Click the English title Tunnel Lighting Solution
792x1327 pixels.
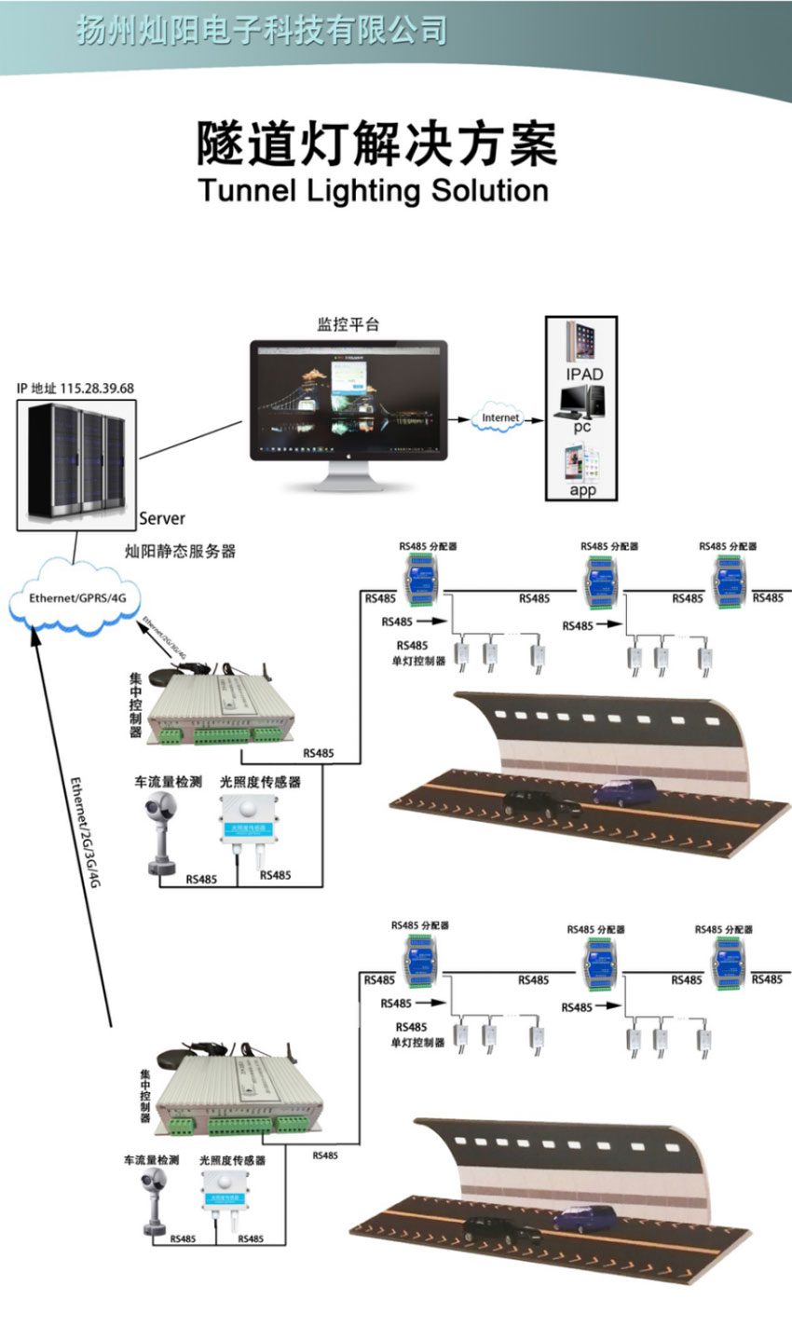[x=374, y=191]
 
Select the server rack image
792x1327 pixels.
[x=76, y=462]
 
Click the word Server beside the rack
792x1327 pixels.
[x=162, y=518]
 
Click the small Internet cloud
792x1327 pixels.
[x=500, y=418]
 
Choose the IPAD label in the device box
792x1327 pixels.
[x=584, y=374]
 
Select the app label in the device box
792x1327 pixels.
[x=582, y=490]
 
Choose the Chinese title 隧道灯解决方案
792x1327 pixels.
[x=376, y=144]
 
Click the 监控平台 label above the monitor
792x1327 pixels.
[x=348, y=324]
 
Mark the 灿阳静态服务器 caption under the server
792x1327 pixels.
[x=180, y=551]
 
